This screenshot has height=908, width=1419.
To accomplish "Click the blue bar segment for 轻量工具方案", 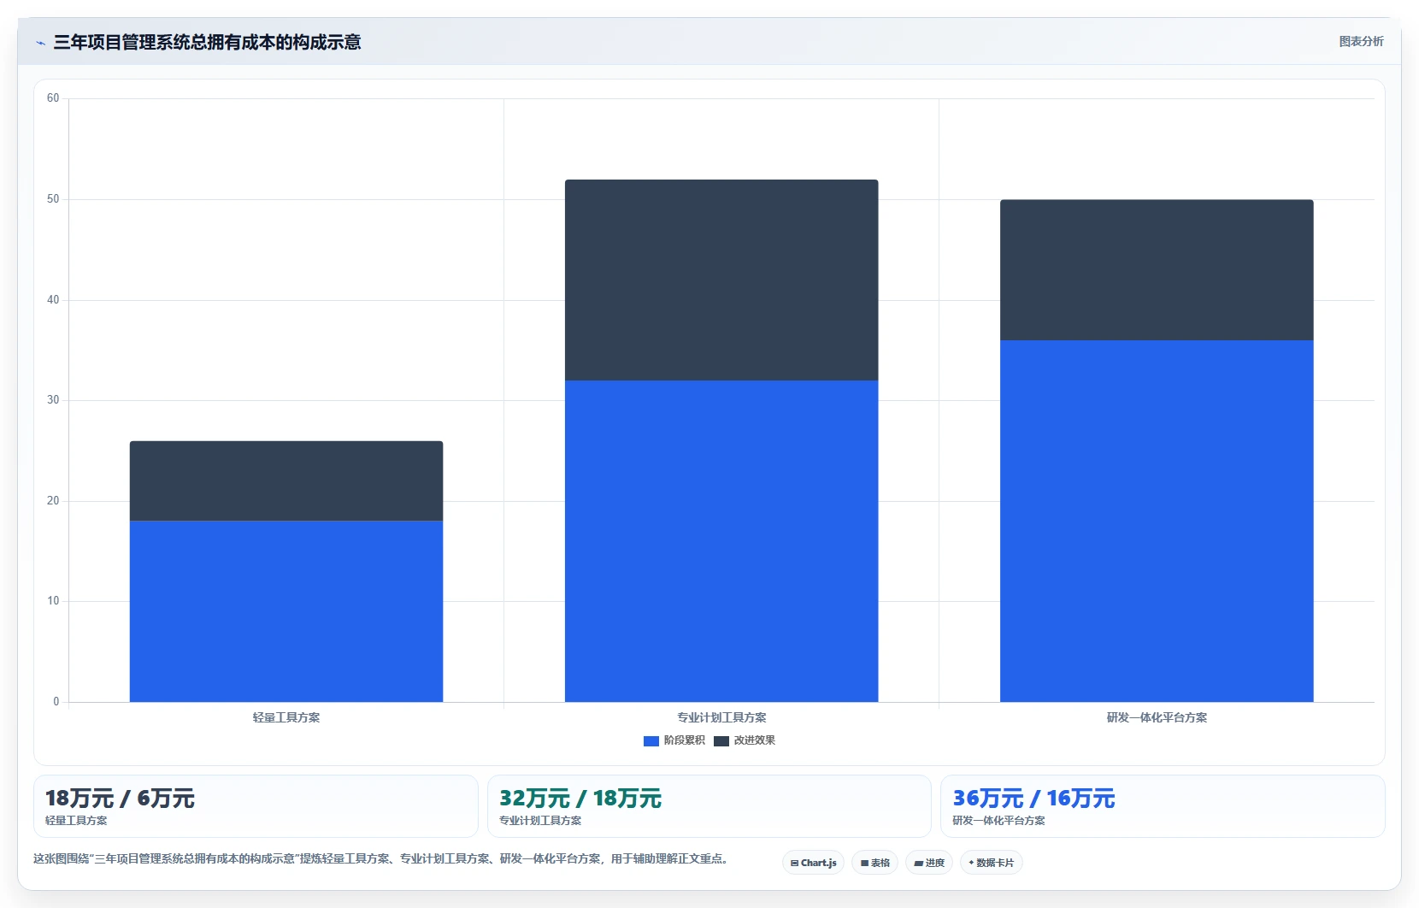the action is [286, 611].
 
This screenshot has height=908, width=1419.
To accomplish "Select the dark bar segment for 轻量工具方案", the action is [286, 481].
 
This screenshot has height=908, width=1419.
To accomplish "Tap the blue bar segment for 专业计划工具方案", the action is [721, 541].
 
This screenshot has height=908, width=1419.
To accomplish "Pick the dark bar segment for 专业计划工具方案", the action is [721, 280].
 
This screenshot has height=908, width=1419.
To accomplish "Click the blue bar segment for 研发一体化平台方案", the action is [1157, 521].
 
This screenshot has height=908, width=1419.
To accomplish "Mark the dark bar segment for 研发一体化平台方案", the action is [1157, 270].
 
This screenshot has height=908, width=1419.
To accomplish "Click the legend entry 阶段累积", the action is [674, 740].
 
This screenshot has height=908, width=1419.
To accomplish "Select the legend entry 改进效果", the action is [745, 740].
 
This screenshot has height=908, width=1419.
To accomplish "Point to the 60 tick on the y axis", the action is [53, 98].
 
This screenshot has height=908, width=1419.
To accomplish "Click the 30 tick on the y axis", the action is [53, 400].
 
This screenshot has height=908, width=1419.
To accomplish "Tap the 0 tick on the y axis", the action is [56, 701].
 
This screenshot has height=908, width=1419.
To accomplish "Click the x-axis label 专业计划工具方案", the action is [721, 717].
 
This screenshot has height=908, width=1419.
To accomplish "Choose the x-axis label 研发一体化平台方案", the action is [1157, 717].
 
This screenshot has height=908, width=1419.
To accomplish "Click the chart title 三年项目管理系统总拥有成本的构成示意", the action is [207, 43].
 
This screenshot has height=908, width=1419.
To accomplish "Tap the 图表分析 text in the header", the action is [1362, 41].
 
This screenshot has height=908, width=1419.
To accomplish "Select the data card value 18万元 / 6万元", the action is [120, 799].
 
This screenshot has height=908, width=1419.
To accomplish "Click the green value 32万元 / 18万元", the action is [580, 799].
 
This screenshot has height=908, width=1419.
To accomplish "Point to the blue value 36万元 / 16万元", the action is [1033, 799].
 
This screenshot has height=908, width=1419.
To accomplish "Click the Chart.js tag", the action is [814, 863].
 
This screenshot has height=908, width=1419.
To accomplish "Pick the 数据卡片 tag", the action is [992, 863].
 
